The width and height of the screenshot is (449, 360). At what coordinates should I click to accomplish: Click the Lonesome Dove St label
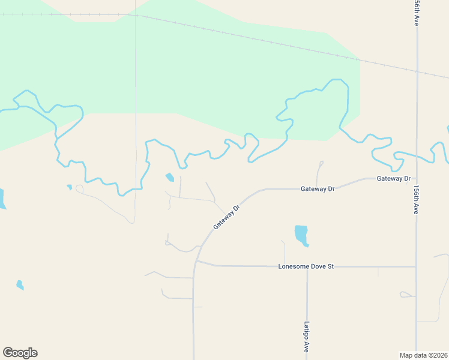[x=306, y=266]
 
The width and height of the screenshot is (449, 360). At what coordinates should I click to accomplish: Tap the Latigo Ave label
[x=306, y=336]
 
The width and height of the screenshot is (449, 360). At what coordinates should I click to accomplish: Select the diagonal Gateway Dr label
[x=226, y=217]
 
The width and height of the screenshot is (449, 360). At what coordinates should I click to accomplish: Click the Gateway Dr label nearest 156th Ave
[x=393, y=179]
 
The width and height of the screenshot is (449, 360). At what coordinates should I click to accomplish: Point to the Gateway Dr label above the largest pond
[x=317, y=188]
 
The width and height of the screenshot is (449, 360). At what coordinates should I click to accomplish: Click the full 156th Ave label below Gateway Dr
[x=416, y=199]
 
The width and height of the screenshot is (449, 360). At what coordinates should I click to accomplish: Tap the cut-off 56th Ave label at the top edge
[x=416, y=12]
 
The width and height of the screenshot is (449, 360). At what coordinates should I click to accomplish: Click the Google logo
[x=20, y=353]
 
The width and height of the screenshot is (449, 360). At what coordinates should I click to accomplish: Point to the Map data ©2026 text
[x=423, y=355]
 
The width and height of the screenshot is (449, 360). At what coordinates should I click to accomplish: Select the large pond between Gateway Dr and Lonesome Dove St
[x=301, y=234]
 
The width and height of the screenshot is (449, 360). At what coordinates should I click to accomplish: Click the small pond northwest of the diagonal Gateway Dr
[x=170, y=177]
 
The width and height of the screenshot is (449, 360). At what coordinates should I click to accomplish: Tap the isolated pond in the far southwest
[x=20, y=284]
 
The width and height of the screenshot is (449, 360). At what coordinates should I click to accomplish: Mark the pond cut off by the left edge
[x=2, y=199]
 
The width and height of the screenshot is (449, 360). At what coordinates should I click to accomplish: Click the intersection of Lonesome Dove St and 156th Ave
[x=416, y=266]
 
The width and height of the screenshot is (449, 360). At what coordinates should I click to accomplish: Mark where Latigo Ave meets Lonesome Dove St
[x=307, y=266]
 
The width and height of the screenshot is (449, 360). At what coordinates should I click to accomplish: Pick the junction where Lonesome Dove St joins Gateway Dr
[x=197, y=262]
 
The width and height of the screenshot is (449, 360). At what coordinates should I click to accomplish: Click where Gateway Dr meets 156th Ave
[x=416, y=178]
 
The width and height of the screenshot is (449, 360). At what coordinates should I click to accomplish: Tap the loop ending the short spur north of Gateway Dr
[x=321, y=163]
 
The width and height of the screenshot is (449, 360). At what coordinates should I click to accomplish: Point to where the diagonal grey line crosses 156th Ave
[x=417, y=71]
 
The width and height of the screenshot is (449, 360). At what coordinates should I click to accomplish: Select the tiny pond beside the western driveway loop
[x=70, y=187]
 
